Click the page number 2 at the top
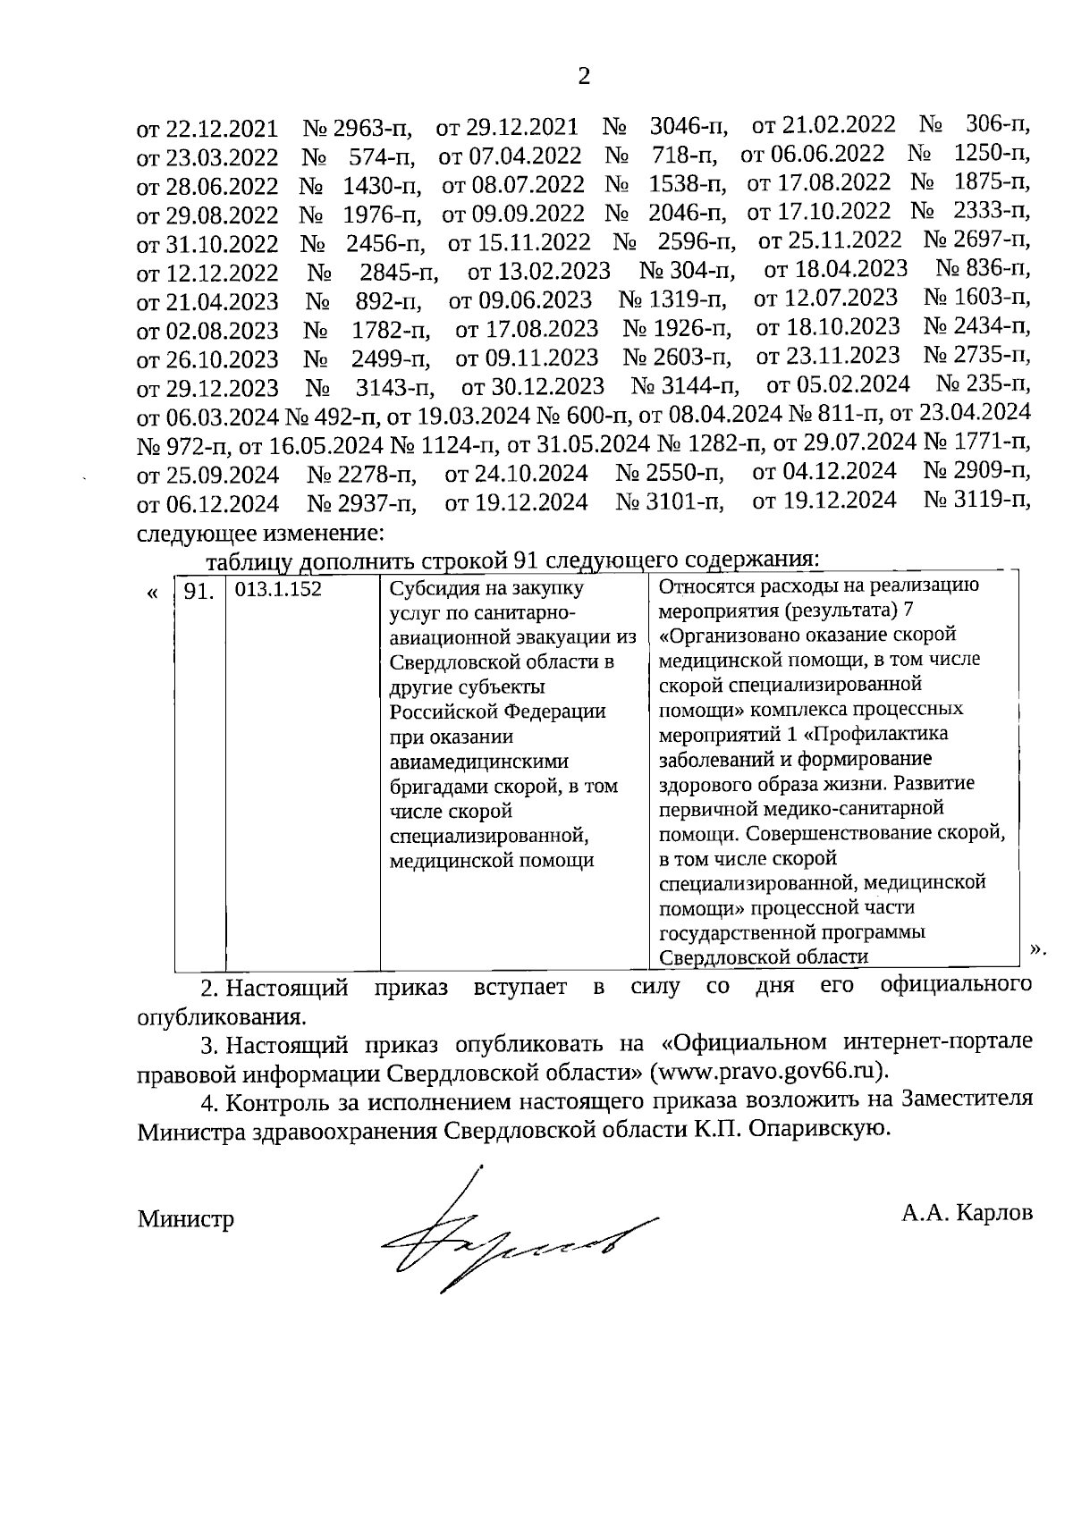584,77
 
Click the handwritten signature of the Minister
510,1239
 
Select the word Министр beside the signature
185,1218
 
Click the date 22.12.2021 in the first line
221,130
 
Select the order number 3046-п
689,128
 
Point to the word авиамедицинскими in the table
479,762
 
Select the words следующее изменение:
260,534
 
